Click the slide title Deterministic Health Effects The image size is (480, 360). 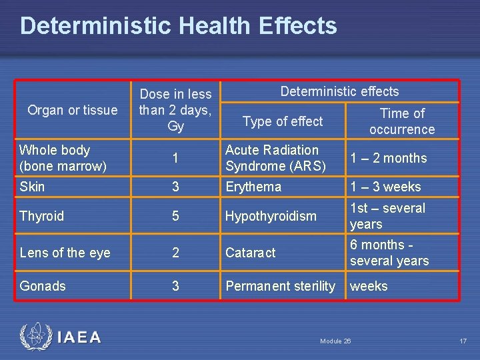coord(179,26)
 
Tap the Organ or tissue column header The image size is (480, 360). coord(73,110)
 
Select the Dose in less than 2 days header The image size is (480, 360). coord(175,110)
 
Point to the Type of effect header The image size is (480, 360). coord(283,121)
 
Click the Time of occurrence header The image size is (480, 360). coord(402,121)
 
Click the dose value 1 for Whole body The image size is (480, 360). coord(175,159)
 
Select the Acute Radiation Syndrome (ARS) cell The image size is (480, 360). coord(275,158)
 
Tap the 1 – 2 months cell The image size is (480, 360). coord(389,159)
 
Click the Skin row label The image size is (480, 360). coord(32,187)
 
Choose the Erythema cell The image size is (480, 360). coord(253,187)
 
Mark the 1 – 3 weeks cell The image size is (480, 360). coord(385,187)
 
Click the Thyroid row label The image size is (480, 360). coord(42,216)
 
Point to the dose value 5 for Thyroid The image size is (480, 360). coord(175,216)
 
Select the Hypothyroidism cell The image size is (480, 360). coord(271,216)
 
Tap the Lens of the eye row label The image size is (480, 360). coord(65,253)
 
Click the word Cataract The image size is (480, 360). coord(251,253)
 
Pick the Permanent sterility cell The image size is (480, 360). coord(281,286)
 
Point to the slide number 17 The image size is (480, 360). coord(463,341)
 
